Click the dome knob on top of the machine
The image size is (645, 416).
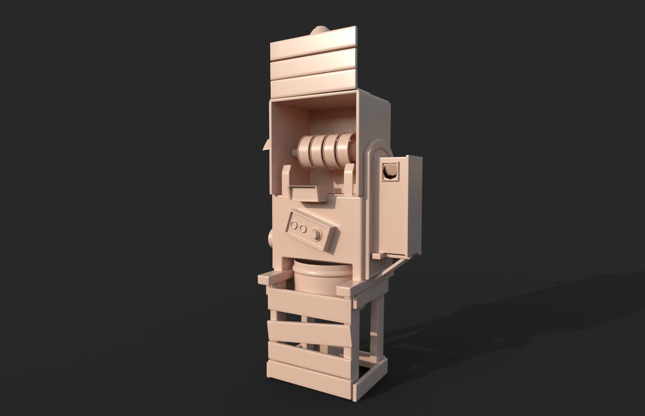[318, 31]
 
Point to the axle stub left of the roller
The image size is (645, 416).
[294, 151]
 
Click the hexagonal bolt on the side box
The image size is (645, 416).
[390, 171]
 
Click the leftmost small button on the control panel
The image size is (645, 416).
[294, 225]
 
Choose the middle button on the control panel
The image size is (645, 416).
[302, 228]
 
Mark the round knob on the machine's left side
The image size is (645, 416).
[271, 239]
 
